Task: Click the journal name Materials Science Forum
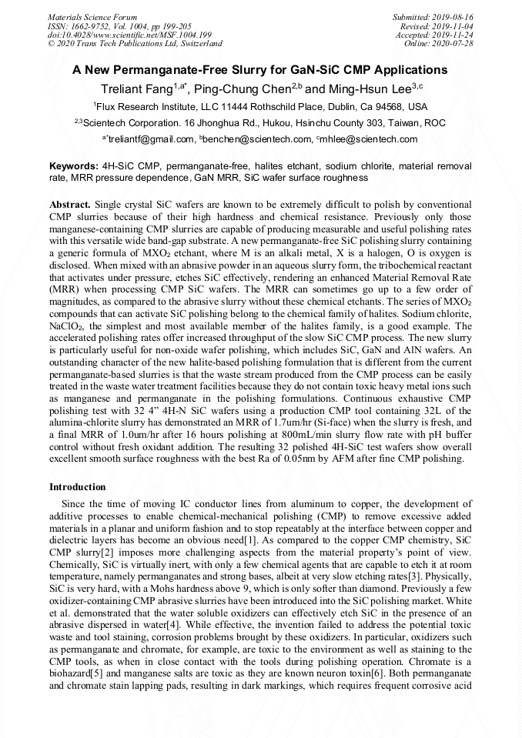click(92, 16)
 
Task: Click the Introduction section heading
click(78, 487)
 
